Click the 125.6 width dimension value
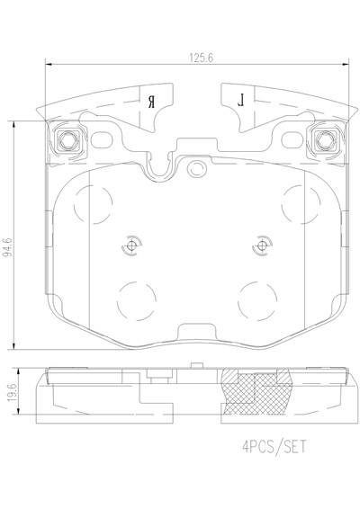point(202,58)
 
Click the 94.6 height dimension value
point(7,247)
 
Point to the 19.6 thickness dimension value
point(12,392)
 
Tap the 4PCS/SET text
point(274,446)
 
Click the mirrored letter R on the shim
point(152,102)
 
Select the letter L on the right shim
point(241,100)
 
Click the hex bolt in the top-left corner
point(67,140)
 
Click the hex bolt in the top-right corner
point(324,140)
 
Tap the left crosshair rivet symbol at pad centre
point(131,246)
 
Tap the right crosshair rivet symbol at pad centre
point(262,246)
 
